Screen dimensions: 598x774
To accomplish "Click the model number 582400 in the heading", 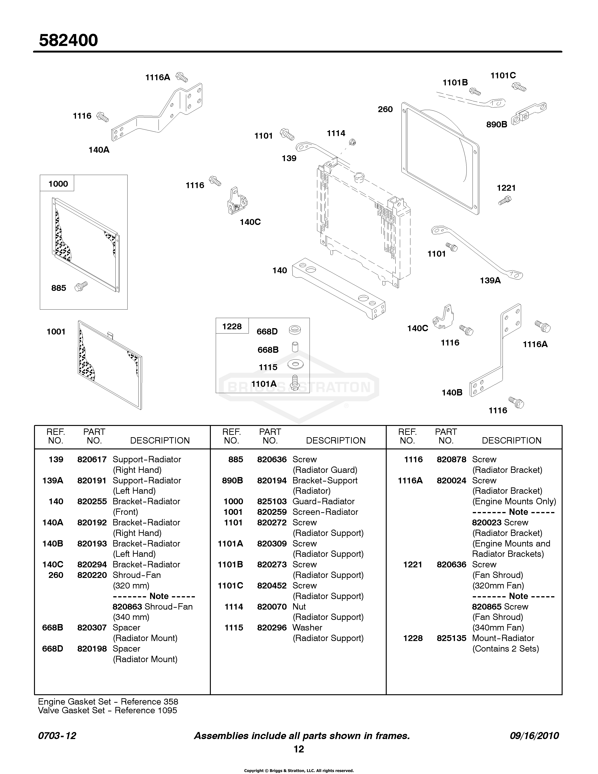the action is [68, 40].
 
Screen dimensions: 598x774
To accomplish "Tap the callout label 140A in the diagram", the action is [99, 150].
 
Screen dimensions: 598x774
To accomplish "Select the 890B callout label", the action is [497, 124].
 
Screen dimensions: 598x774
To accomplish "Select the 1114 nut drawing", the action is [352, 142].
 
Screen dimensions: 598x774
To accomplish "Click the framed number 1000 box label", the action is [58, 184].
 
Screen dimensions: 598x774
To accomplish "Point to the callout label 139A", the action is [490, 280].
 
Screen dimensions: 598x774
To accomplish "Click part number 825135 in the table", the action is [451, 638].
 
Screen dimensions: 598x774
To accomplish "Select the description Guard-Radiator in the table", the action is [323, 501].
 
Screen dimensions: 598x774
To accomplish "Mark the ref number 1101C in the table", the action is [230, 585].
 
